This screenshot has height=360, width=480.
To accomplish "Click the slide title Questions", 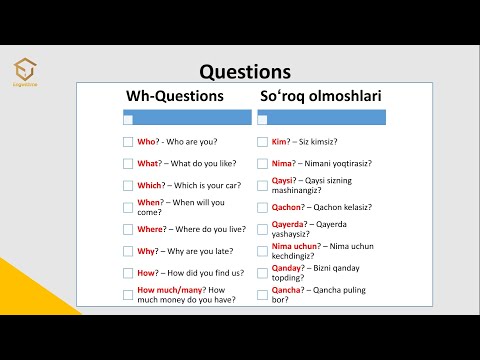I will [245, 72].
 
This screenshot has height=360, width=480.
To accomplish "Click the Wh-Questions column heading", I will [175, 97].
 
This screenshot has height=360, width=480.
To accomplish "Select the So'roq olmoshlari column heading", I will [320, 97].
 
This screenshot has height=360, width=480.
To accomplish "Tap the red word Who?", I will [149, 142].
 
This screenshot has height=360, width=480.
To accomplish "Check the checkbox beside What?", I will [128, 164].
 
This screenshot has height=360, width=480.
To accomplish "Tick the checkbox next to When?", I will [128, 207].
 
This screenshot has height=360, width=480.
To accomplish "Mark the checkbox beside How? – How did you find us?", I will [128, 273].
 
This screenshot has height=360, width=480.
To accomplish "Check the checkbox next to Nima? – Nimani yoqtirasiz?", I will [262, 164].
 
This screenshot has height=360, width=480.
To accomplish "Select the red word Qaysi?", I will [284, 181].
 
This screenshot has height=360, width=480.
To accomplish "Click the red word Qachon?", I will [289, 207].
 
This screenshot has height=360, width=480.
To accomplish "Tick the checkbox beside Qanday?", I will [262, 273].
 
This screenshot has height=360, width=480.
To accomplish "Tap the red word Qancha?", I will [288, 290].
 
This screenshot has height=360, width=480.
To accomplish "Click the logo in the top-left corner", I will [28, 70].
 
